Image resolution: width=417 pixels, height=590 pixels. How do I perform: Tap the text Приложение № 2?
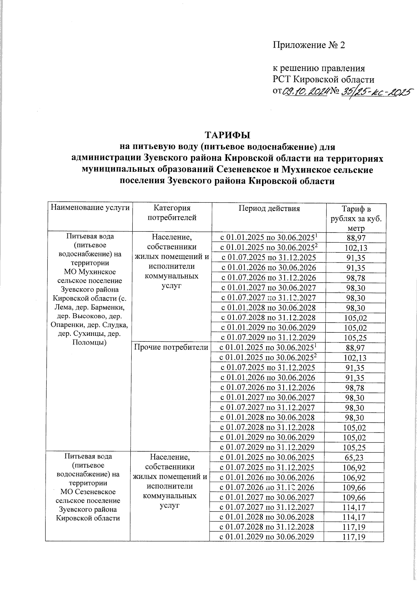309,46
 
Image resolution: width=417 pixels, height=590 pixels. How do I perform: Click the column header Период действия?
269,208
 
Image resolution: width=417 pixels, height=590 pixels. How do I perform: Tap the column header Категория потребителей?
172,213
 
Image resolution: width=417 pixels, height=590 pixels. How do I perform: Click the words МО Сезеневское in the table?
88,492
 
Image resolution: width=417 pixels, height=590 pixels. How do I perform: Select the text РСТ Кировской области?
323,80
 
